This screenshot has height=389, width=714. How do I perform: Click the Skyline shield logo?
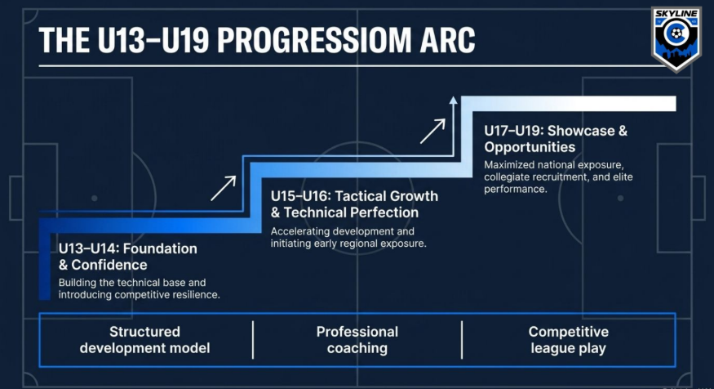coord(676,38)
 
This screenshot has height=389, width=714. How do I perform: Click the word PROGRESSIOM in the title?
coord(313,40)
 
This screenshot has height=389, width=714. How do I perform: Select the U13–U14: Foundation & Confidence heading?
coord(128,257)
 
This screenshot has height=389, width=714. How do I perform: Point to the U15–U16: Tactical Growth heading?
coord(354,196)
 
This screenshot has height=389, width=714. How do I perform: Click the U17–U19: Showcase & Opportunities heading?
coord(556,139)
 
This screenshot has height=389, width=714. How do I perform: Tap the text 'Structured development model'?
coord(144,340)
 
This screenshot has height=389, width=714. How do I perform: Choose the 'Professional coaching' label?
coord(357,340)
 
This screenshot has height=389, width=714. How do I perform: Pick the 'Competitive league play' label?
coord(568,340)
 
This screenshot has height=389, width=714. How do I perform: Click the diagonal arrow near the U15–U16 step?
coord(223,188)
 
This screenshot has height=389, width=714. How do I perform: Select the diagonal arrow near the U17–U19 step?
coord(432,132)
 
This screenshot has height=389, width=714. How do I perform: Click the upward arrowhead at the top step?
coord(453,100)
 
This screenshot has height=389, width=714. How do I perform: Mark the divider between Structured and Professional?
coord(253,340)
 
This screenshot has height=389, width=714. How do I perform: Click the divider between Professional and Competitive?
coord(462,340)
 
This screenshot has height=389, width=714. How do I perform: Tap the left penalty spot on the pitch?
coord(95,199)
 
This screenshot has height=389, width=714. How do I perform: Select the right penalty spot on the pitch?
coord(620,199)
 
